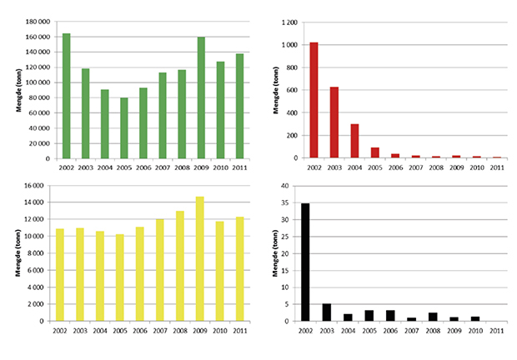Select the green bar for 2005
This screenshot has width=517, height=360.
[124, 127]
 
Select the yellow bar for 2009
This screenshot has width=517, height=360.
[200, 258]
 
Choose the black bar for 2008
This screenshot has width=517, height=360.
[434, 317]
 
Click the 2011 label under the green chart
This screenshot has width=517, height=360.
[239, 167]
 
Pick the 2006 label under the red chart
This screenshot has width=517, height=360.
[395, 167]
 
